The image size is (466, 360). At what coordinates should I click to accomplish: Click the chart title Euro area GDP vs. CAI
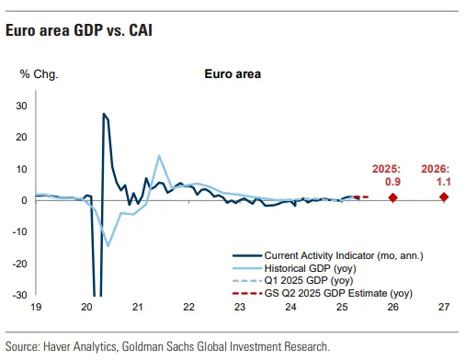[79, 30]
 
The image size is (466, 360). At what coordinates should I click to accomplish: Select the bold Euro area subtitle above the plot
[233, 74]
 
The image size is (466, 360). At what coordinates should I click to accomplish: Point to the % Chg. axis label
[39, 74]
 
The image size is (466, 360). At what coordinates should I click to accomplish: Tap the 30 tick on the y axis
[21, 106]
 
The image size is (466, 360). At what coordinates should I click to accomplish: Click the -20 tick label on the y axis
[19, 264]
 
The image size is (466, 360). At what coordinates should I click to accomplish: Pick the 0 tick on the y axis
[24, 200]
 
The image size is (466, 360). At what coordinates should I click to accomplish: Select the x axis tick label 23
[240, 307]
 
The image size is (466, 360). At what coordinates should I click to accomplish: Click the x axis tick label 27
[444, 307]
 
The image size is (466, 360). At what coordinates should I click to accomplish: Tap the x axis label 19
[36, 307]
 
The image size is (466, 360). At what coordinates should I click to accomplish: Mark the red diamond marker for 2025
[393, 197]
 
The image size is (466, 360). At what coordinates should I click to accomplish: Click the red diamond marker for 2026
[444, 197]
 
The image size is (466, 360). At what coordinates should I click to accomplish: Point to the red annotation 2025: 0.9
[386, 175]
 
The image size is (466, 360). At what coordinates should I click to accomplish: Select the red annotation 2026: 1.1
[436, 175]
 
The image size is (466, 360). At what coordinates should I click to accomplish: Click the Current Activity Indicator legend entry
[327, 255]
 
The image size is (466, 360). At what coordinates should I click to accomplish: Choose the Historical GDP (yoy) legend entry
[294, 268]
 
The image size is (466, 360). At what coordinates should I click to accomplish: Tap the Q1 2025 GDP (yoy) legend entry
[292, 280]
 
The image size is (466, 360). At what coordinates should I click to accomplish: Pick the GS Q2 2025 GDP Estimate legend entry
[323, 293]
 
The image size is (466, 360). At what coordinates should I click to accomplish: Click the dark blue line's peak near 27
[104, 114]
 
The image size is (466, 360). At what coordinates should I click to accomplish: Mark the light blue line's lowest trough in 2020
[108, 246]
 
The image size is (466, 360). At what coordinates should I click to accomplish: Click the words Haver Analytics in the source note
[80, 346]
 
